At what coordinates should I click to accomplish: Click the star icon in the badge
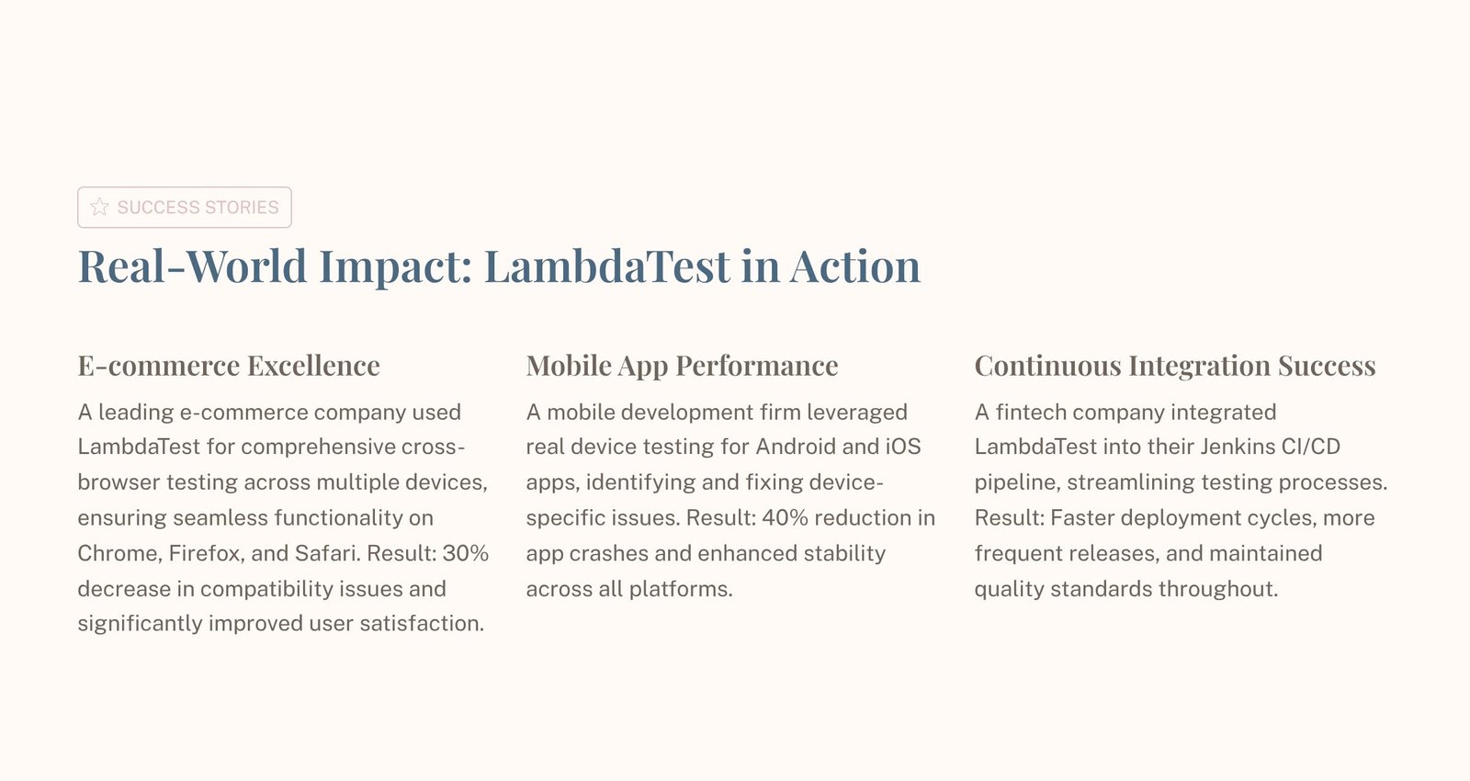99,207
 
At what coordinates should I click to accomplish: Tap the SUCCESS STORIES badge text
198,208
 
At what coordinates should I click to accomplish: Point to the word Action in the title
854,266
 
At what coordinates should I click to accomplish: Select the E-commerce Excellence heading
229,366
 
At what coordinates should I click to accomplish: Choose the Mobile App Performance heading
682,366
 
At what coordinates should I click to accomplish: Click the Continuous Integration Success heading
1175,366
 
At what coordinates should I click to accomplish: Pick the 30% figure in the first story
465,553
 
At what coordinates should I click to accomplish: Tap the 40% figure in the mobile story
785,518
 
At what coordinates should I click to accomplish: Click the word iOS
902,447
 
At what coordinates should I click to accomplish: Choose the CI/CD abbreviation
1311,447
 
